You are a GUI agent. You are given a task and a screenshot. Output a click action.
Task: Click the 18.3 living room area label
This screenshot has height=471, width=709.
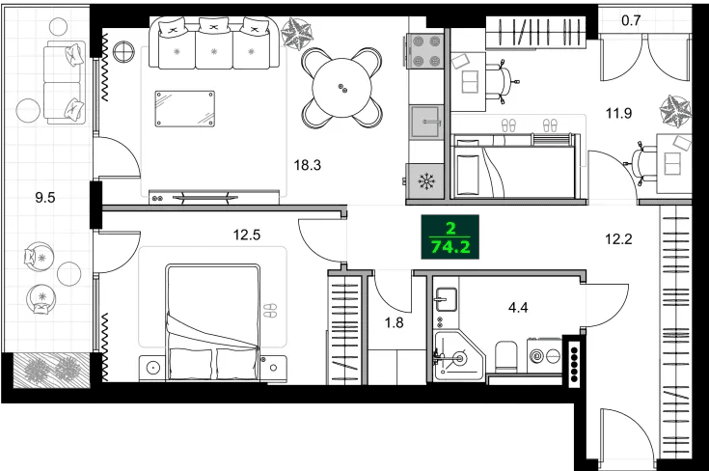307,165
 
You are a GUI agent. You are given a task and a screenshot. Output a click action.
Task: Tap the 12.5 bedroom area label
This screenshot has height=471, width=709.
249,233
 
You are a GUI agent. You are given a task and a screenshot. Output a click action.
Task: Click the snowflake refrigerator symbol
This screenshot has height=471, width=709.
425,180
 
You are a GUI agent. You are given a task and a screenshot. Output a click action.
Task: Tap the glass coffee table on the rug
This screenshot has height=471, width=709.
185,107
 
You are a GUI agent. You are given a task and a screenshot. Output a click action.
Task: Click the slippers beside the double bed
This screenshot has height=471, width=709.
270,310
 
